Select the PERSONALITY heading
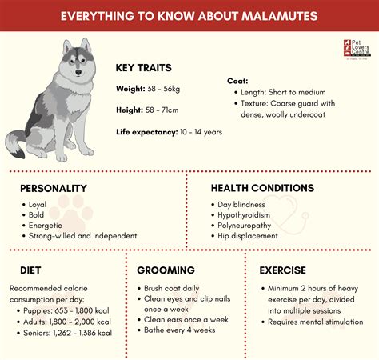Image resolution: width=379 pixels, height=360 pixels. (x=53, y=188)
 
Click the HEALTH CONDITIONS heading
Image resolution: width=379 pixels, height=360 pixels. (x=262, y=188)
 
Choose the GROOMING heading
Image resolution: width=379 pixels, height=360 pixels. (x=166, y=270)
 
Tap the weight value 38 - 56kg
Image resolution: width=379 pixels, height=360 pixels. (x=170, y=88)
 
